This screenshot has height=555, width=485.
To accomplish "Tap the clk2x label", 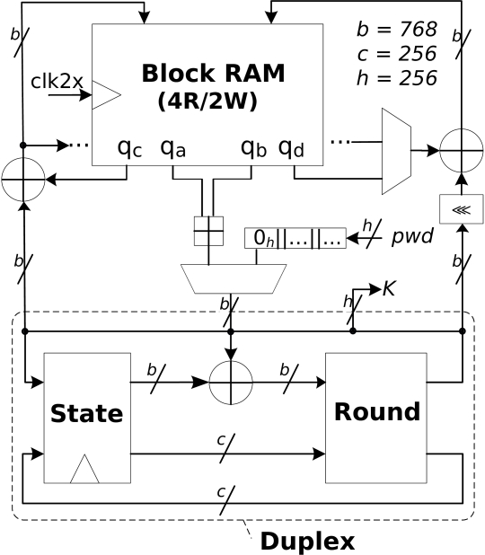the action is click(x=57, y=81).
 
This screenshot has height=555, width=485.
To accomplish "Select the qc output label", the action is click(x=129, y=149).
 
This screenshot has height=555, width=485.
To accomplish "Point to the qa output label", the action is click(x=172, y=149).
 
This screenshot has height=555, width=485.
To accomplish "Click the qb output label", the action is click(x=253, y=149).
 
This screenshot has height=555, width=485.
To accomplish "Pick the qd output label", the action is click(x=291, y=149).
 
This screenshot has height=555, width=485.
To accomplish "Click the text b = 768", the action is click(x=396, y=29).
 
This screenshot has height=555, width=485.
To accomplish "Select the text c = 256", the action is click(x=396, y=54).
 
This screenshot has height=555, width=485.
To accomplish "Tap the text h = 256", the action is click(x=396, y=78).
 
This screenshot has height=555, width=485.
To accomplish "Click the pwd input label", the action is click(x=412, y=236).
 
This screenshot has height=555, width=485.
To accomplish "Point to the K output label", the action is click(x=389, y=288).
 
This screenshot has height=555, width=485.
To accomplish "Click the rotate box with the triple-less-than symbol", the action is click(x=462, y=209).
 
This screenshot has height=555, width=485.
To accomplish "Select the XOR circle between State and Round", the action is click(x=231, y=383).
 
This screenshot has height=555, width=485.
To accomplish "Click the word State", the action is click(x=87, y=413).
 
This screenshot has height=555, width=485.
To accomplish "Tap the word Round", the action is click(x=377, y=411).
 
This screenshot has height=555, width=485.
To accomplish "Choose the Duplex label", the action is click(x=307, y=542).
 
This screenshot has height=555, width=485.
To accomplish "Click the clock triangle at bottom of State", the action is click(x=84, y=469).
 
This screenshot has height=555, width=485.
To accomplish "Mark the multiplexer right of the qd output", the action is click(x=396, y=152).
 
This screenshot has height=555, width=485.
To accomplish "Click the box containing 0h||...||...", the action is click(x=295, y=238).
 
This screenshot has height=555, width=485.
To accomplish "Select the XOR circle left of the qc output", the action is click(x=23, y=180).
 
